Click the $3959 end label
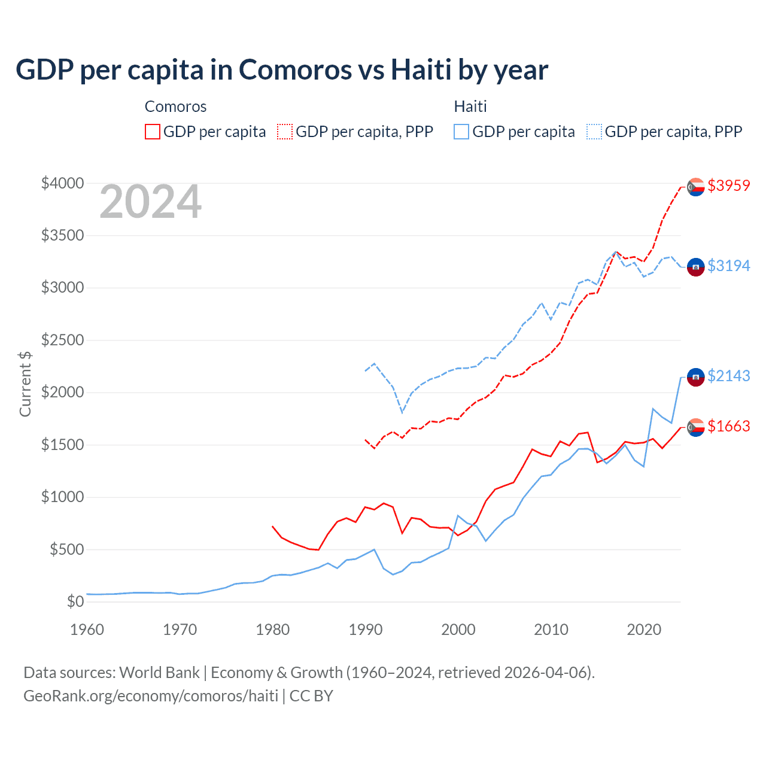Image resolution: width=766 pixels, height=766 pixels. coord(728,186)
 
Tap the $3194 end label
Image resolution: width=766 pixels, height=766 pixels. coord(728,266)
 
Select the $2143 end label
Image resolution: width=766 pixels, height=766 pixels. coord(728,376)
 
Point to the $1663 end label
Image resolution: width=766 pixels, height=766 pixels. coord(728,426)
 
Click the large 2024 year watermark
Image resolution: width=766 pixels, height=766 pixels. coord(150,202)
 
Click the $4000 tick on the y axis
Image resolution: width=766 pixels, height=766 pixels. coord(62,183)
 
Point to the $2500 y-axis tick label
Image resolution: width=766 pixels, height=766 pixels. coord(62,340)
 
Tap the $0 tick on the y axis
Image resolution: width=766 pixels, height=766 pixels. coord(75,601)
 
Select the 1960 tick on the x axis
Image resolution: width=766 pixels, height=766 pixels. coord(87,630)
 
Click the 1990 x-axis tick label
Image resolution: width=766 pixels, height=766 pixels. coord(366,630)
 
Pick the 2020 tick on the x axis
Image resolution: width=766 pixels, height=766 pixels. coord(644,630)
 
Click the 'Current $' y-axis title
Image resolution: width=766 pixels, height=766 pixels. coord(25,384)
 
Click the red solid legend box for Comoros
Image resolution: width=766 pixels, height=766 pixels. coord(153,132)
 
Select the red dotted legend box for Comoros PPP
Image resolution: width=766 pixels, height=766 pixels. coord(285,132)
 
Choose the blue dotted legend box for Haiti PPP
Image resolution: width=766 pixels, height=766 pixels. coord(594,132)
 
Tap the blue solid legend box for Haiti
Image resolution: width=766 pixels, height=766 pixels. coord(461,132)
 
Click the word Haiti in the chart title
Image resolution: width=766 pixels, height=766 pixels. coord(421,69)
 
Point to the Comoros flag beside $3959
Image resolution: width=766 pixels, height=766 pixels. coord(695,187)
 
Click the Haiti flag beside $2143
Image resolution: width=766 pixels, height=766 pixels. coord(695,377)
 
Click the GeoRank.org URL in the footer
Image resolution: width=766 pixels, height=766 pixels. coord(151,696)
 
